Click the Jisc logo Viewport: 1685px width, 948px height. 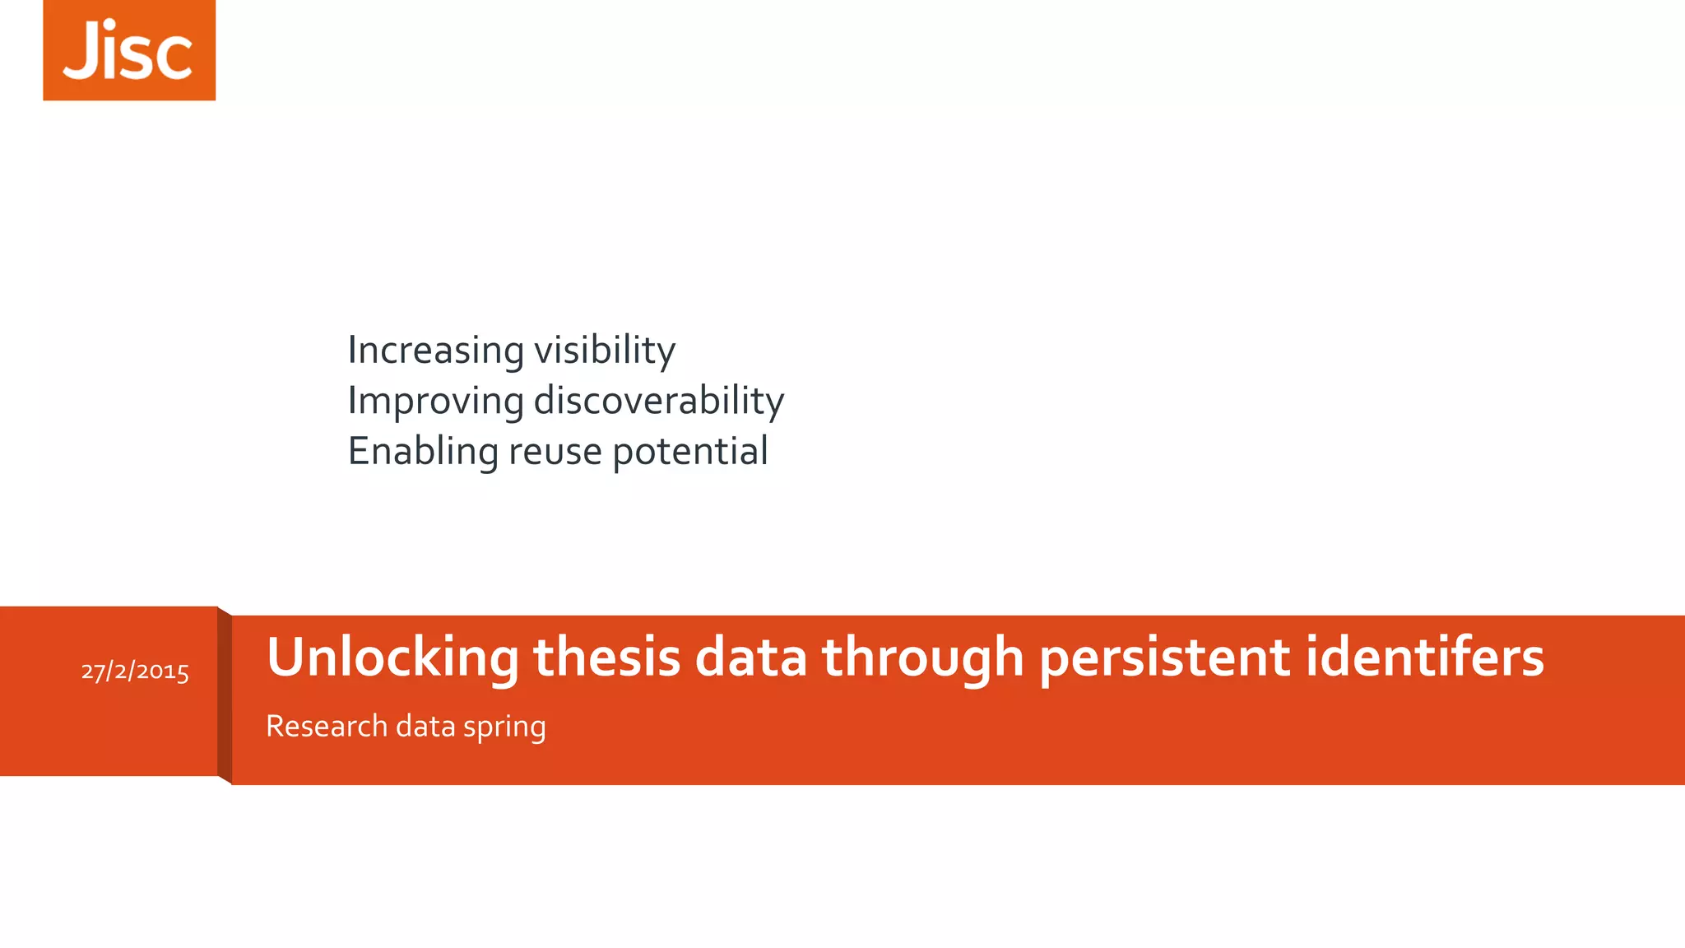coord(129,50)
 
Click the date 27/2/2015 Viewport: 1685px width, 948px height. coord(135,671)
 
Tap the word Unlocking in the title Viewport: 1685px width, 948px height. coord(392,658)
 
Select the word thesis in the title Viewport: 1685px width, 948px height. coord(606,658)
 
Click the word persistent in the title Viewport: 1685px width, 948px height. coord(1164,658)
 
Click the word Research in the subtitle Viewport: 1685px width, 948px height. coord(327,726)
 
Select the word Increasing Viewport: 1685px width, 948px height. coord(435,351)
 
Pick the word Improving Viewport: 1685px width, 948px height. coord(435,402)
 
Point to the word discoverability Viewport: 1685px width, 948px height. coord(658,402)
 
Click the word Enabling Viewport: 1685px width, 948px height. coord(423,452)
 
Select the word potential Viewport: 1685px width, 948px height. coord(689,452)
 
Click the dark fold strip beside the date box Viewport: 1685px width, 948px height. coord(225,695)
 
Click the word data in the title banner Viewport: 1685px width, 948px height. coord(750,658)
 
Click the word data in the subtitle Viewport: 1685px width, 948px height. coord(425,726)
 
